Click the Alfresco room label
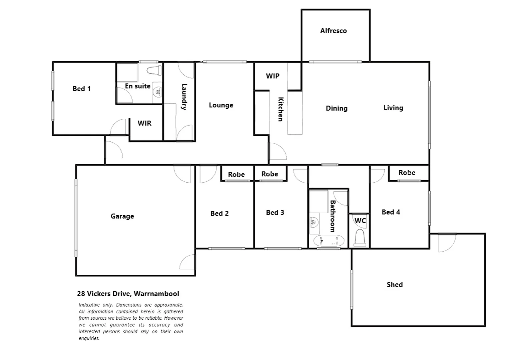point(333,31)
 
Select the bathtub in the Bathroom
point(329,241)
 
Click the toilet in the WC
point(360,237)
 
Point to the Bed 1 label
point(81,89)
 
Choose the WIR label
point(144,123)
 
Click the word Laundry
point(184,97)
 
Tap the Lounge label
point(221,105)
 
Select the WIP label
point(273,76)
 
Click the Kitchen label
point(281,109)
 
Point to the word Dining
point(337,108)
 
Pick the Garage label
point(122,216)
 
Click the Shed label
point(395,285)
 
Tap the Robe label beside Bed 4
point(407,173)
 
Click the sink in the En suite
point(157,90)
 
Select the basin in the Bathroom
point(314,221)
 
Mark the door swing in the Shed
point(446,243)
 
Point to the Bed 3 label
point(275,213)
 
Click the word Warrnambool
point(156,294)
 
